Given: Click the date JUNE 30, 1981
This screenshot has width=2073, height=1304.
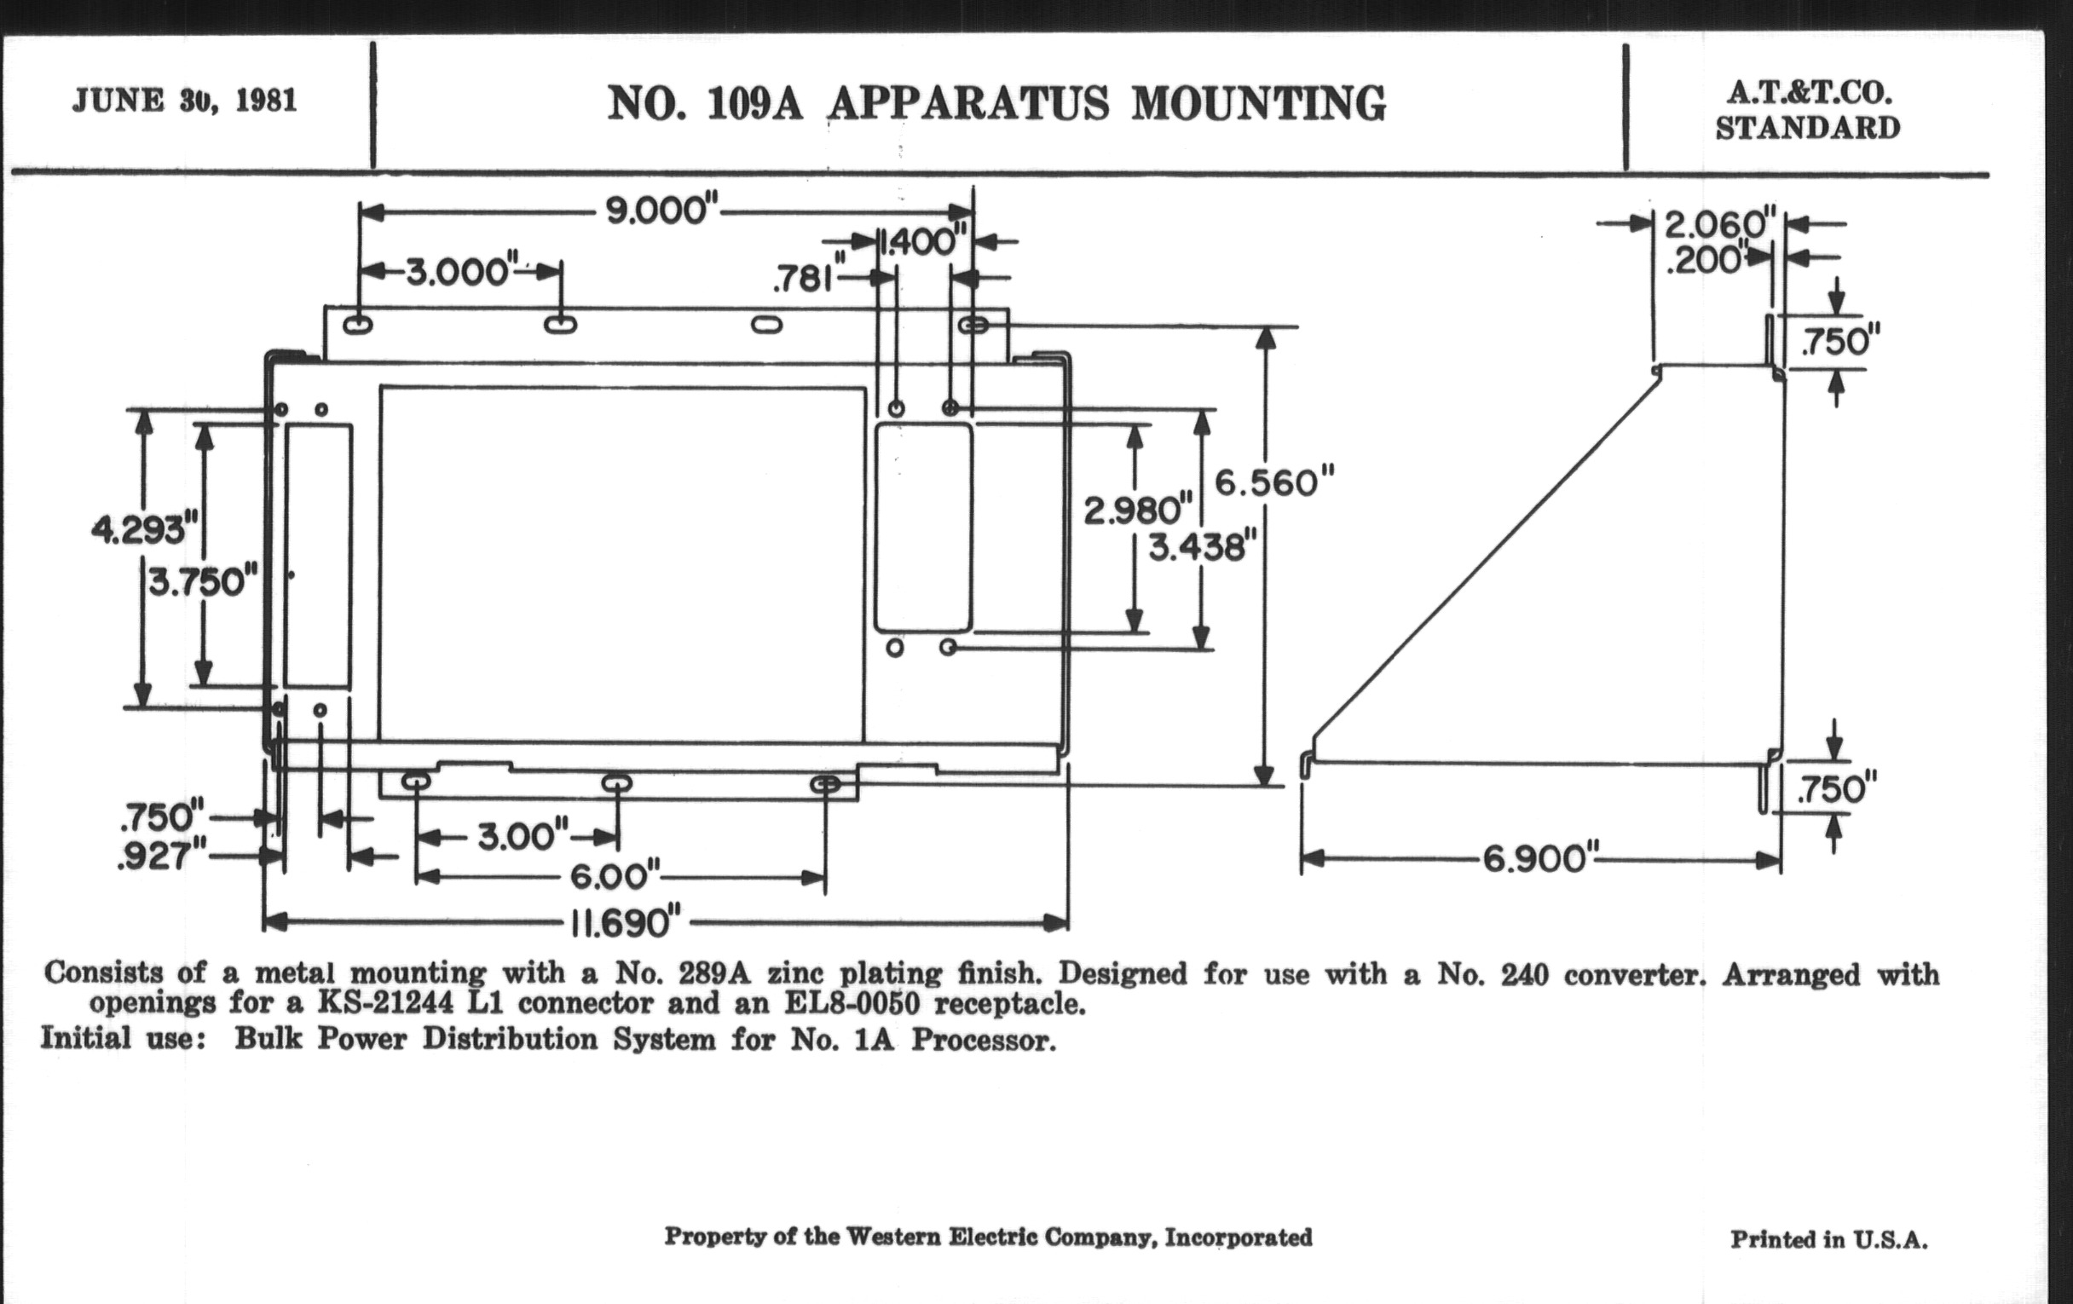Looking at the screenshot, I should coord(184,101).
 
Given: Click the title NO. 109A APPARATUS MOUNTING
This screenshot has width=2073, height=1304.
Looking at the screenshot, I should coord(996,104).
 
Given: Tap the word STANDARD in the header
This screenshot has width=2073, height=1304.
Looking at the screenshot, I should coord(1807,128).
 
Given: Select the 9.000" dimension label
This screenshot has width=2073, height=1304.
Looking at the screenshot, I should coord(661,211).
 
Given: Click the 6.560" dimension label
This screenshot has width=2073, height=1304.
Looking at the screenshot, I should coord(1274,483).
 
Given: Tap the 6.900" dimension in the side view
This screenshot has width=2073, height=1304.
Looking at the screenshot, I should coord(1539,859).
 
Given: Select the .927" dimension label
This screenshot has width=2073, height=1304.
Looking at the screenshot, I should coord(163,857).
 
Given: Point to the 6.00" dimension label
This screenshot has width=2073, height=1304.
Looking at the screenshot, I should coord(615,877).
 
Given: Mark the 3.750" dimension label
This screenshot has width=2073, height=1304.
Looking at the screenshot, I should coord(203,583).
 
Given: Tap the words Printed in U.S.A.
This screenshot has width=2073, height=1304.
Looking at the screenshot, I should coord(1828,1239).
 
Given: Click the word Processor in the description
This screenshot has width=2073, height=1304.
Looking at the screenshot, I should coord(982,1041).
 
